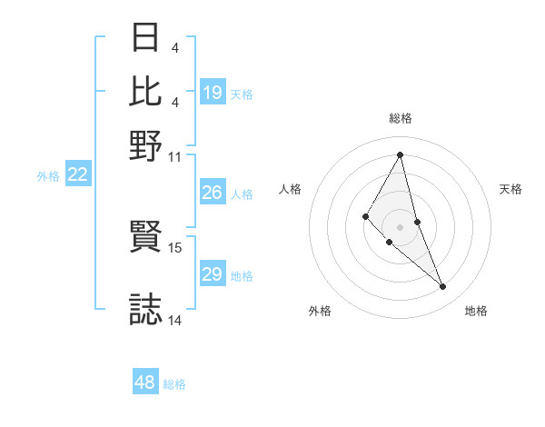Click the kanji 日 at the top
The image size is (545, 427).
coord(146,38)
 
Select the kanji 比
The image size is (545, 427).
coord(146,91)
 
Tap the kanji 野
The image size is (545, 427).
coord(146,144)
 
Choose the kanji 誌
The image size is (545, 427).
coord(146,309)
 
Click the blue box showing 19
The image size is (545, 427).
coord(213,93)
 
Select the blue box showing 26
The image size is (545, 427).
coord(213,193)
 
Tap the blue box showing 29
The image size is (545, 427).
coord(213,274)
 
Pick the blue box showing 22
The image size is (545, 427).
coord(78,175)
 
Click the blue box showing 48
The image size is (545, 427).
coord(145,382)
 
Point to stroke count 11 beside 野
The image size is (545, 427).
coord(175,157)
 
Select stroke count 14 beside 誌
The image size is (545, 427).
coord(175,321)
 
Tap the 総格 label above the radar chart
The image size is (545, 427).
coord(401,118)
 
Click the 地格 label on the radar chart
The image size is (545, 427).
coord(476,311)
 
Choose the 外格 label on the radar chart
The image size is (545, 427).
coord(320,311)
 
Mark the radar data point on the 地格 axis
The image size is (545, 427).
coord(443,286)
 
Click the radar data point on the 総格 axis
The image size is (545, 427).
coord(401,154)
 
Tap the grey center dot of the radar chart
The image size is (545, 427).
coord(401,226)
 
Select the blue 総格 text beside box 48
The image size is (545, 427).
coord(174,384)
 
